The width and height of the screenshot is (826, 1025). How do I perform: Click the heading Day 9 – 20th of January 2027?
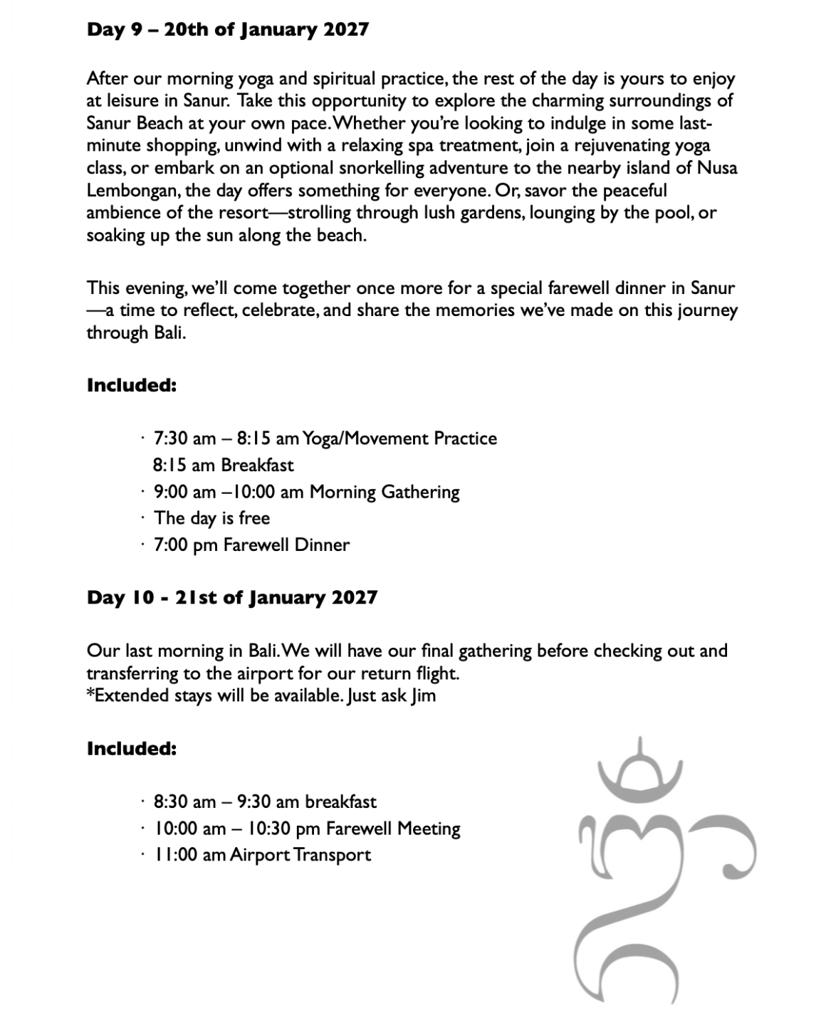point(227,30)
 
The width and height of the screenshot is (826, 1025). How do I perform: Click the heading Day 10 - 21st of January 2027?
point(231,597)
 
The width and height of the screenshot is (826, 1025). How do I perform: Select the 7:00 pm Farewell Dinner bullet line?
point(251,545)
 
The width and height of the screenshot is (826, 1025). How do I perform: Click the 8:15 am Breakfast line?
point(223,466)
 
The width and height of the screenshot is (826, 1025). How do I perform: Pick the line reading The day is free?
point(211,518)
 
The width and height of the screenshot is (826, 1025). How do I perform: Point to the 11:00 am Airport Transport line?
point(262,855)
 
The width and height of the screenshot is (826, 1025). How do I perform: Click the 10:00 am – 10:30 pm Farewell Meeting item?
point(307,829)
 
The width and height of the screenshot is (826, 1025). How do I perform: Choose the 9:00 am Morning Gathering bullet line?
point(306,492)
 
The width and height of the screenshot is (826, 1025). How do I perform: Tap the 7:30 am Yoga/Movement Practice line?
point(325,438)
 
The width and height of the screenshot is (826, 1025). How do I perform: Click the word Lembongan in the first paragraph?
point(132,191)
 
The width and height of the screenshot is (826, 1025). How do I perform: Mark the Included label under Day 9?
point(131,386)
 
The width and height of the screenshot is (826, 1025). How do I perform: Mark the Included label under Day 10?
point(131,749)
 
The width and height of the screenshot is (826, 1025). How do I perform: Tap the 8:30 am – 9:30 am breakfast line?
point(265,802)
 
